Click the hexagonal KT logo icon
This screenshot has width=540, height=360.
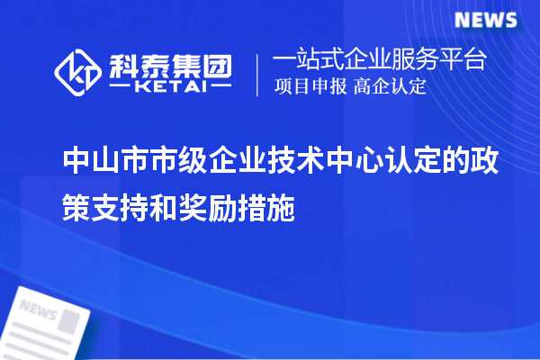(x=79, y=73)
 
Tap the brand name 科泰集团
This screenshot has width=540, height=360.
(x=170, y=65)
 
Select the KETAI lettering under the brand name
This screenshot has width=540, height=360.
(x=170, y=87)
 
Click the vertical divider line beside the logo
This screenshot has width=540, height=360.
(x=259, y=74)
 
